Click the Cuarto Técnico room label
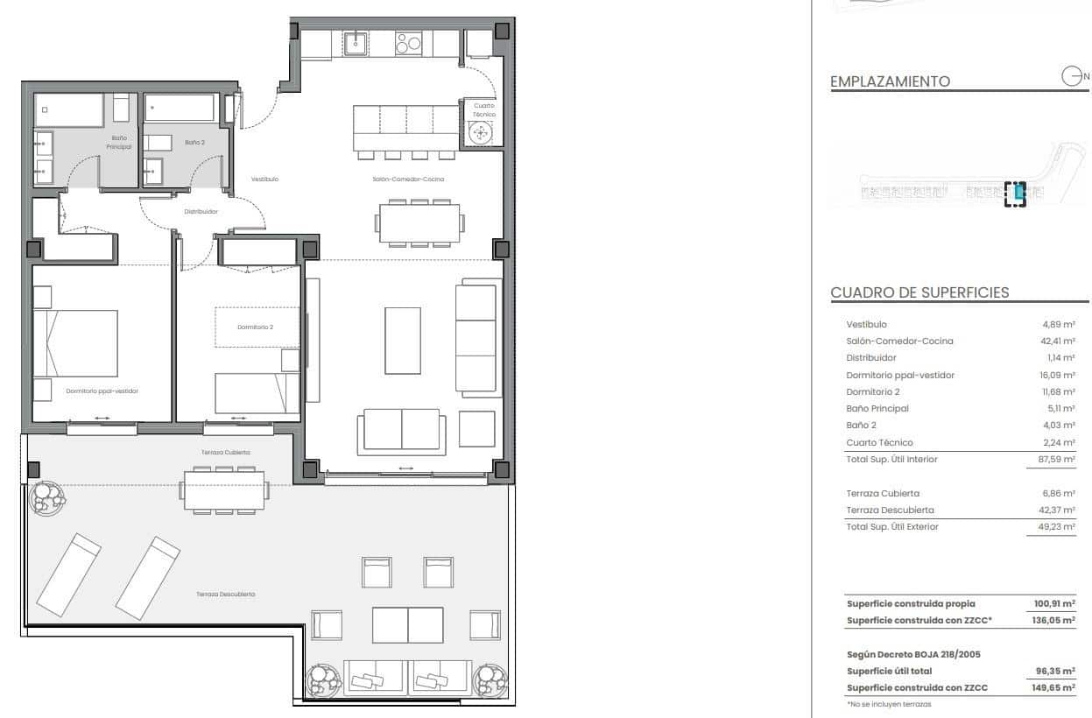pyautogui.click(x=484, y=109)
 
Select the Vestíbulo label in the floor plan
pyautogui.click(x=264, y=179)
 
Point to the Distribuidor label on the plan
pyautogui.click(x=201, y=211)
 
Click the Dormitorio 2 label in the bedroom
pyautogui.click(x=255, y=327)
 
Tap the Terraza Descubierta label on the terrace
pyautogui.click(x=225, y=594)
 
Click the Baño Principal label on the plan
pyautogui.click(x=121, y=142)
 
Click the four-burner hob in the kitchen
pyautogui.click(x=408, y=42)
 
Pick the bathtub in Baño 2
pyautogui.click(x=180, y=108)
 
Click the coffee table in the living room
pyautogui.click(x=403, y=341)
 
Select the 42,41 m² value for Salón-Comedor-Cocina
pyautogui.click(x=1058, y=341)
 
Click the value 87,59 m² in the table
pyautogui.click(x=1058, y=460)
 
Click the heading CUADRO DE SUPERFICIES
pyautogui.click(x=919, y=293)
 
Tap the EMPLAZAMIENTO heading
pyautogui.click(x=890, y=81)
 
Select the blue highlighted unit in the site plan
pyautogui.click(x=1019, y=192)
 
